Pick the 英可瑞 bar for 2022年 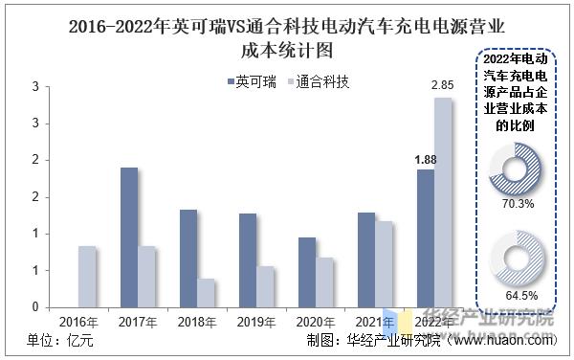[425, 238]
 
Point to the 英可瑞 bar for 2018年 [188, 259]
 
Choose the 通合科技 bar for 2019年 [265, 286]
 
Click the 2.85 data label [442, 86]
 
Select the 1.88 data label [425, 159]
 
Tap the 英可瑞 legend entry [254, 82]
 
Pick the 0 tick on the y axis [34, 306]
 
